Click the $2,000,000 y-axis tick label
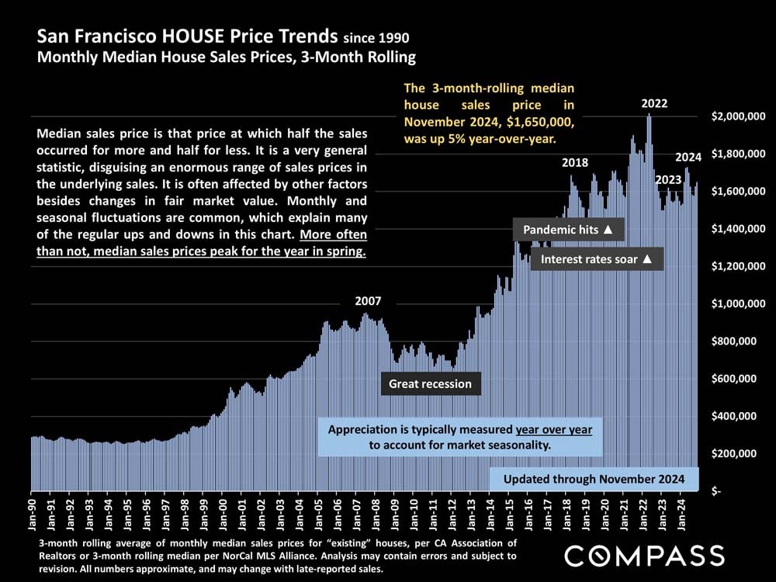point(739,116)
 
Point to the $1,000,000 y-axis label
point(739,303)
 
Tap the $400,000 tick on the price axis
point(739,416)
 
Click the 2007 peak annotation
point(368,301)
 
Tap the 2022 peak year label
point(654,103)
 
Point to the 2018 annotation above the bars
point(575,163)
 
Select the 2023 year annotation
point(667,180)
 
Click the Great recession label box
point(430,383)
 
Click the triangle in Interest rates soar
point(647,259)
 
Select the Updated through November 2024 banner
point(595,479)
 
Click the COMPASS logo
point(644,556)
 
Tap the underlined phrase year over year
point(553,430)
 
